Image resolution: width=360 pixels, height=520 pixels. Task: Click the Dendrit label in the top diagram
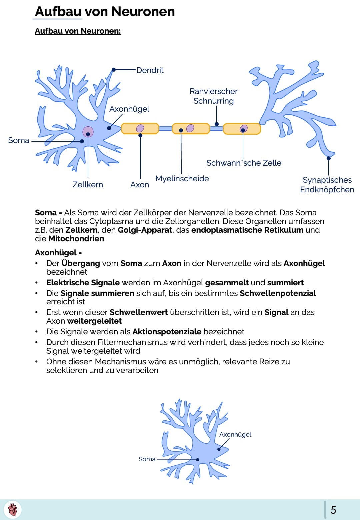point(150,70)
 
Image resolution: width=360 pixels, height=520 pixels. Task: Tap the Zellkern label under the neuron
point(88,185)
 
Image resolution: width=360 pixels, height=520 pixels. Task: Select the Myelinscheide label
point(182,179)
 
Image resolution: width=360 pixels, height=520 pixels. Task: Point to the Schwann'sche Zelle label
point(244,163)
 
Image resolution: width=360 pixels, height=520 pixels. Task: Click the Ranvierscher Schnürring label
point(214,96)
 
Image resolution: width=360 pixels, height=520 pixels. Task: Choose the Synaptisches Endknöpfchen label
point(327,185)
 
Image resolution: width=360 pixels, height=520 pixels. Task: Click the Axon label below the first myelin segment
point(140,185)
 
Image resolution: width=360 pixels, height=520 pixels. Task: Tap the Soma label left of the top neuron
point(19,140)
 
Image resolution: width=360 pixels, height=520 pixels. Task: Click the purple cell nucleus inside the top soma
point(88,132)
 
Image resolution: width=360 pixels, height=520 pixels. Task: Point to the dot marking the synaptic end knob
point(329,158)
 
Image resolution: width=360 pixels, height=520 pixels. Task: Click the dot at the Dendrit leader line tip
point(114,70)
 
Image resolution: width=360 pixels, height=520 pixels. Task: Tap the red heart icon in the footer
point(13,510)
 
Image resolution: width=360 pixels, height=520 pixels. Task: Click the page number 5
point(333,510)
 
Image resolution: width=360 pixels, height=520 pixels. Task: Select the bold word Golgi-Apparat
point(145,230)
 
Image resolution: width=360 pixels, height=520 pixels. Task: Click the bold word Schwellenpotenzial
point(278,293)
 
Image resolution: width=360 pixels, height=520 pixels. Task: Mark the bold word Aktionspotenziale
point(167,332)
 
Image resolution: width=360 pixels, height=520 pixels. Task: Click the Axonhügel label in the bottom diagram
point(235,435)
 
